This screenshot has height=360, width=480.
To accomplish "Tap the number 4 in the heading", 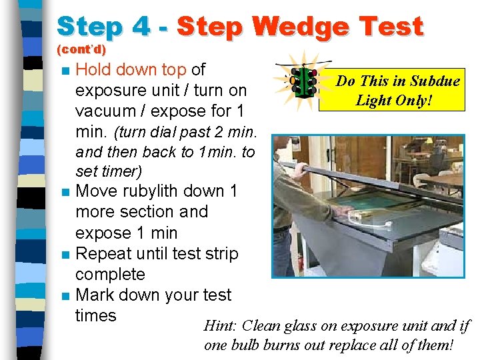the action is (141, 26).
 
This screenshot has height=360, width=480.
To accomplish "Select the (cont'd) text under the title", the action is (81, 49).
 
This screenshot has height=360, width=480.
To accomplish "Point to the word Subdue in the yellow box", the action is (435, 81).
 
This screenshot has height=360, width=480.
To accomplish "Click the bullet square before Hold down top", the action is (66, 71).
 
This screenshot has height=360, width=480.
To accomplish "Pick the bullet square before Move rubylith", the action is (66, 192).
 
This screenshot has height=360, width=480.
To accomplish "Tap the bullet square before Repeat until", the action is (66, 255).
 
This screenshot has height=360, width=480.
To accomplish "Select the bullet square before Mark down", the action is (66, 296).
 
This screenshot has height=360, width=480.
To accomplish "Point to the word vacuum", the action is (105, 111).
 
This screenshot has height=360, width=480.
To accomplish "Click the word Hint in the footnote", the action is (219, 325).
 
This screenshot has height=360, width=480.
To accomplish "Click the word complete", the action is (110, 275).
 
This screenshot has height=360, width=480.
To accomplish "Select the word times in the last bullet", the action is (96, 315).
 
